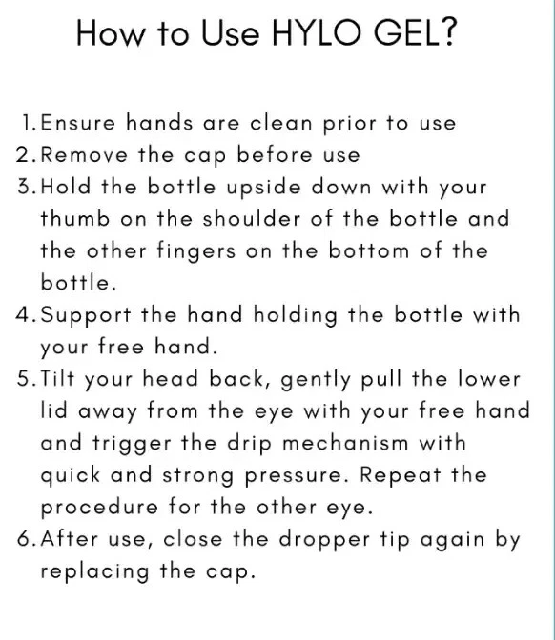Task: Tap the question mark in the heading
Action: (448, 32)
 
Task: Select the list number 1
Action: (28, 123)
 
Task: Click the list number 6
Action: (23, 539)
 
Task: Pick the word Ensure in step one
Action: (78, 123)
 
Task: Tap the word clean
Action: (281, 123)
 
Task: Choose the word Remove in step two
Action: (84, 155)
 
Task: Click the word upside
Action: (264, 188)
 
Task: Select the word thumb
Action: (75, 219)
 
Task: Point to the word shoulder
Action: (252, 219)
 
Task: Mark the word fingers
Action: (196, 251)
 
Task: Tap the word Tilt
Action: (57, 379)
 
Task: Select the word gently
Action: (316, 380)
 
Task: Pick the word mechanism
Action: (345, 443)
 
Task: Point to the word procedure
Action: (99, 508)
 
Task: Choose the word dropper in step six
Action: (324, 540)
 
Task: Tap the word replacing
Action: (94, 571)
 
